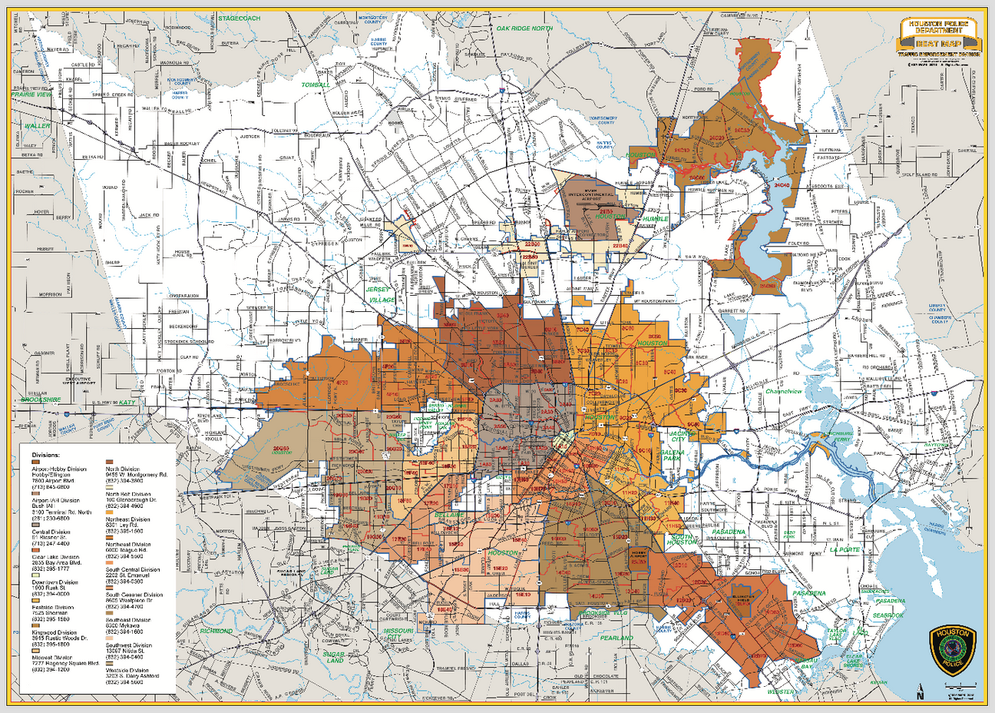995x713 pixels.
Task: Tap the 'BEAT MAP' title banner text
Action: [x=937, y=44]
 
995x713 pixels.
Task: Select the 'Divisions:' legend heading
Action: [x=45, y=455]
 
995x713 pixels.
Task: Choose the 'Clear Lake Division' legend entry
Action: [x=55, y=557]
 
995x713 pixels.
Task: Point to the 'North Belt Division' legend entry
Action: [x=128, y=494]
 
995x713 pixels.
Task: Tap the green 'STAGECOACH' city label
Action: [x=239, y=18]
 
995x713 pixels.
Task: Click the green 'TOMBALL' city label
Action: [x=315, y=85]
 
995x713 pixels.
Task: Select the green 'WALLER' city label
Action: [x=37, y=126]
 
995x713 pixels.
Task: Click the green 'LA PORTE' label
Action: [x=845, y=550]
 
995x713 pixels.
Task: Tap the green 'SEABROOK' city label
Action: [x=888, y=615]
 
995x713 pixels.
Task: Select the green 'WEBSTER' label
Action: [x=781, y=691]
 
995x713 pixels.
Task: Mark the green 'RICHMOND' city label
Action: [x=216, y=631]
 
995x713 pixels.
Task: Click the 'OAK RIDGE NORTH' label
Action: [x=524, y=28]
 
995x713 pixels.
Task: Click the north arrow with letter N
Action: [x=920, y=691]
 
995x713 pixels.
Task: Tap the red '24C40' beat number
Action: [x=782, y=185]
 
